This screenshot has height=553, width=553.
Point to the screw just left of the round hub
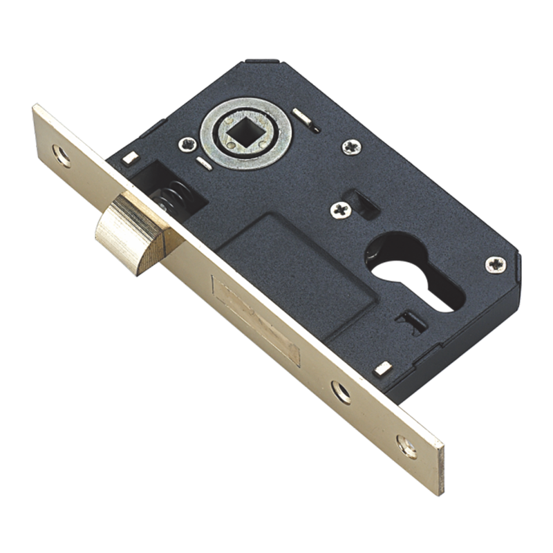point(186,144)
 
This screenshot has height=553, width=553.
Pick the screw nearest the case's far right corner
point(495,263)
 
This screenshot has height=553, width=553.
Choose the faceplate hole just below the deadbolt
point(340,392)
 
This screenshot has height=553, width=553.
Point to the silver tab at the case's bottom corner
point(379,369)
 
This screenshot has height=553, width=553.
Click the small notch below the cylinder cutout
point(411,318)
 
